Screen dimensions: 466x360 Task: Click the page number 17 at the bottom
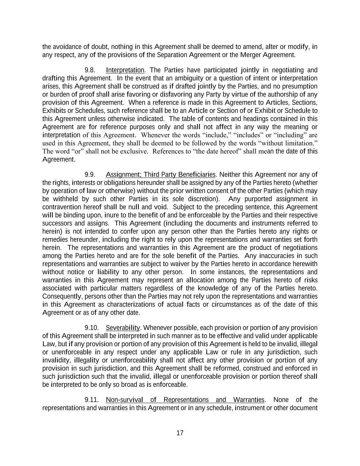pos(180,433)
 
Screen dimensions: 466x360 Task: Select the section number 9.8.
pos(90,70)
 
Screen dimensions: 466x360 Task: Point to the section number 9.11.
pos(91,400)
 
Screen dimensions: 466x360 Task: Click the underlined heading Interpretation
pos(125,70)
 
